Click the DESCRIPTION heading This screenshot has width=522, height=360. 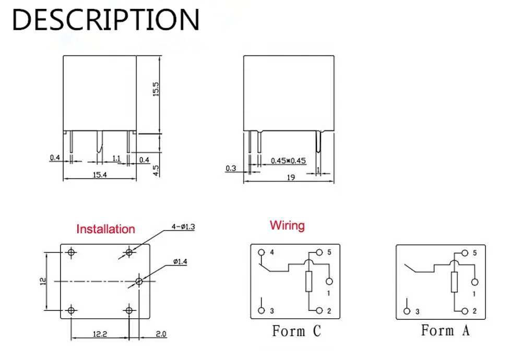106,20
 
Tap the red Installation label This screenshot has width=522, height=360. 105,229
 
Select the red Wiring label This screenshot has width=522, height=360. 287,226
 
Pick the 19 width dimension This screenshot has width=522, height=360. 291,177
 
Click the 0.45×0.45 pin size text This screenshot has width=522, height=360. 287,161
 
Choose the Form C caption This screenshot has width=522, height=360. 296,331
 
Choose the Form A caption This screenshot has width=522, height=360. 445,330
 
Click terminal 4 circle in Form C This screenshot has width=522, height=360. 262,253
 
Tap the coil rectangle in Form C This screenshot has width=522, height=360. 309,282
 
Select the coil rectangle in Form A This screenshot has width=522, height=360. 454,282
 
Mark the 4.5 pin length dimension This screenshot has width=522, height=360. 156,170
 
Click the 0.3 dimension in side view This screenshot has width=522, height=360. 231,168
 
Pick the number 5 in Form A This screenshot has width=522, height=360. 474,253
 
